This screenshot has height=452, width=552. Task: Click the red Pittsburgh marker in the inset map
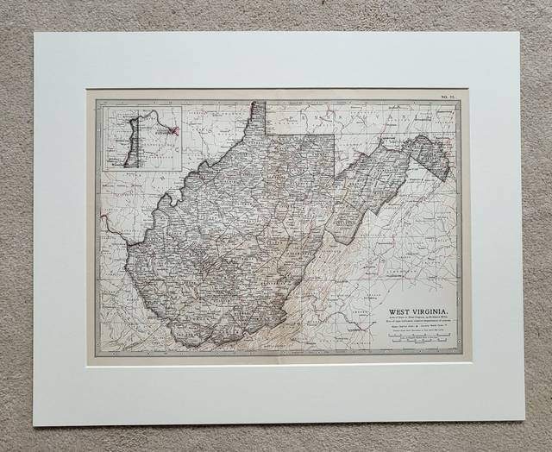coord(174,131)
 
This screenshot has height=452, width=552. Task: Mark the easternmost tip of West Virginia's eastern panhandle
coord(449,177)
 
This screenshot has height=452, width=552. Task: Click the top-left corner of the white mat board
coord(35,34)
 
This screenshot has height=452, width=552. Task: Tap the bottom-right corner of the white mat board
coord(524,420)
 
